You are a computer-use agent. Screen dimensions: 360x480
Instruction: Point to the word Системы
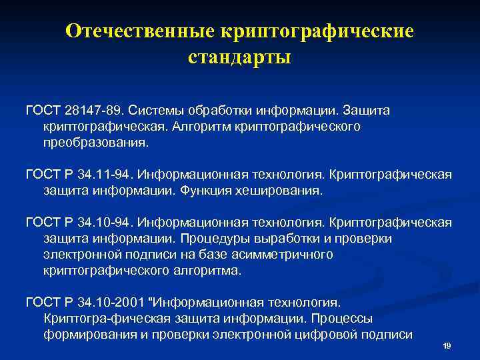coord(156,109)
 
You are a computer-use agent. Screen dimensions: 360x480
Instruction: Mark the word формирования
coord(91,335)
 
